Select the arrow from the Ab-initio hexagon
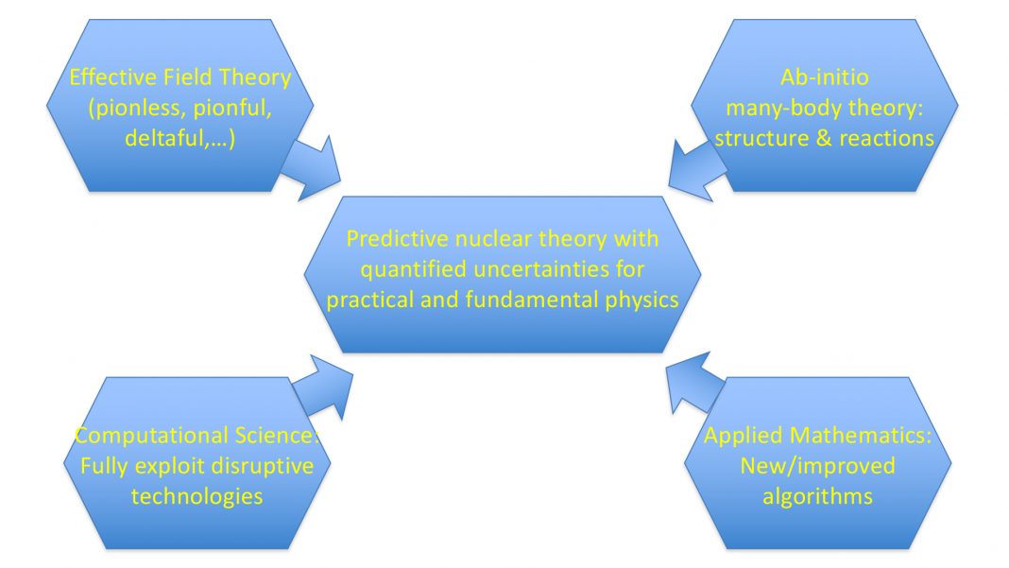(693, 168)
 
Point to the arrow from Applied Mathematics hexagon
(693, 384)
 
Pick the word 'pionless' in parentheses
(132, 108)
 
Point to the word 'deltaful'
(161, 138)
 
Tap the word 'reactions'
(886, 138)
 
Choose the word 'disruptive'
(253, 466)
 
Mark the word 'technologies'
(197, 496)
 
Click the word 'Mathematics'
(870, 436)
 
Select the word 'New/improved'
(817, 466)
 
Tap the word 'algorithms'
(817, 496)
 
